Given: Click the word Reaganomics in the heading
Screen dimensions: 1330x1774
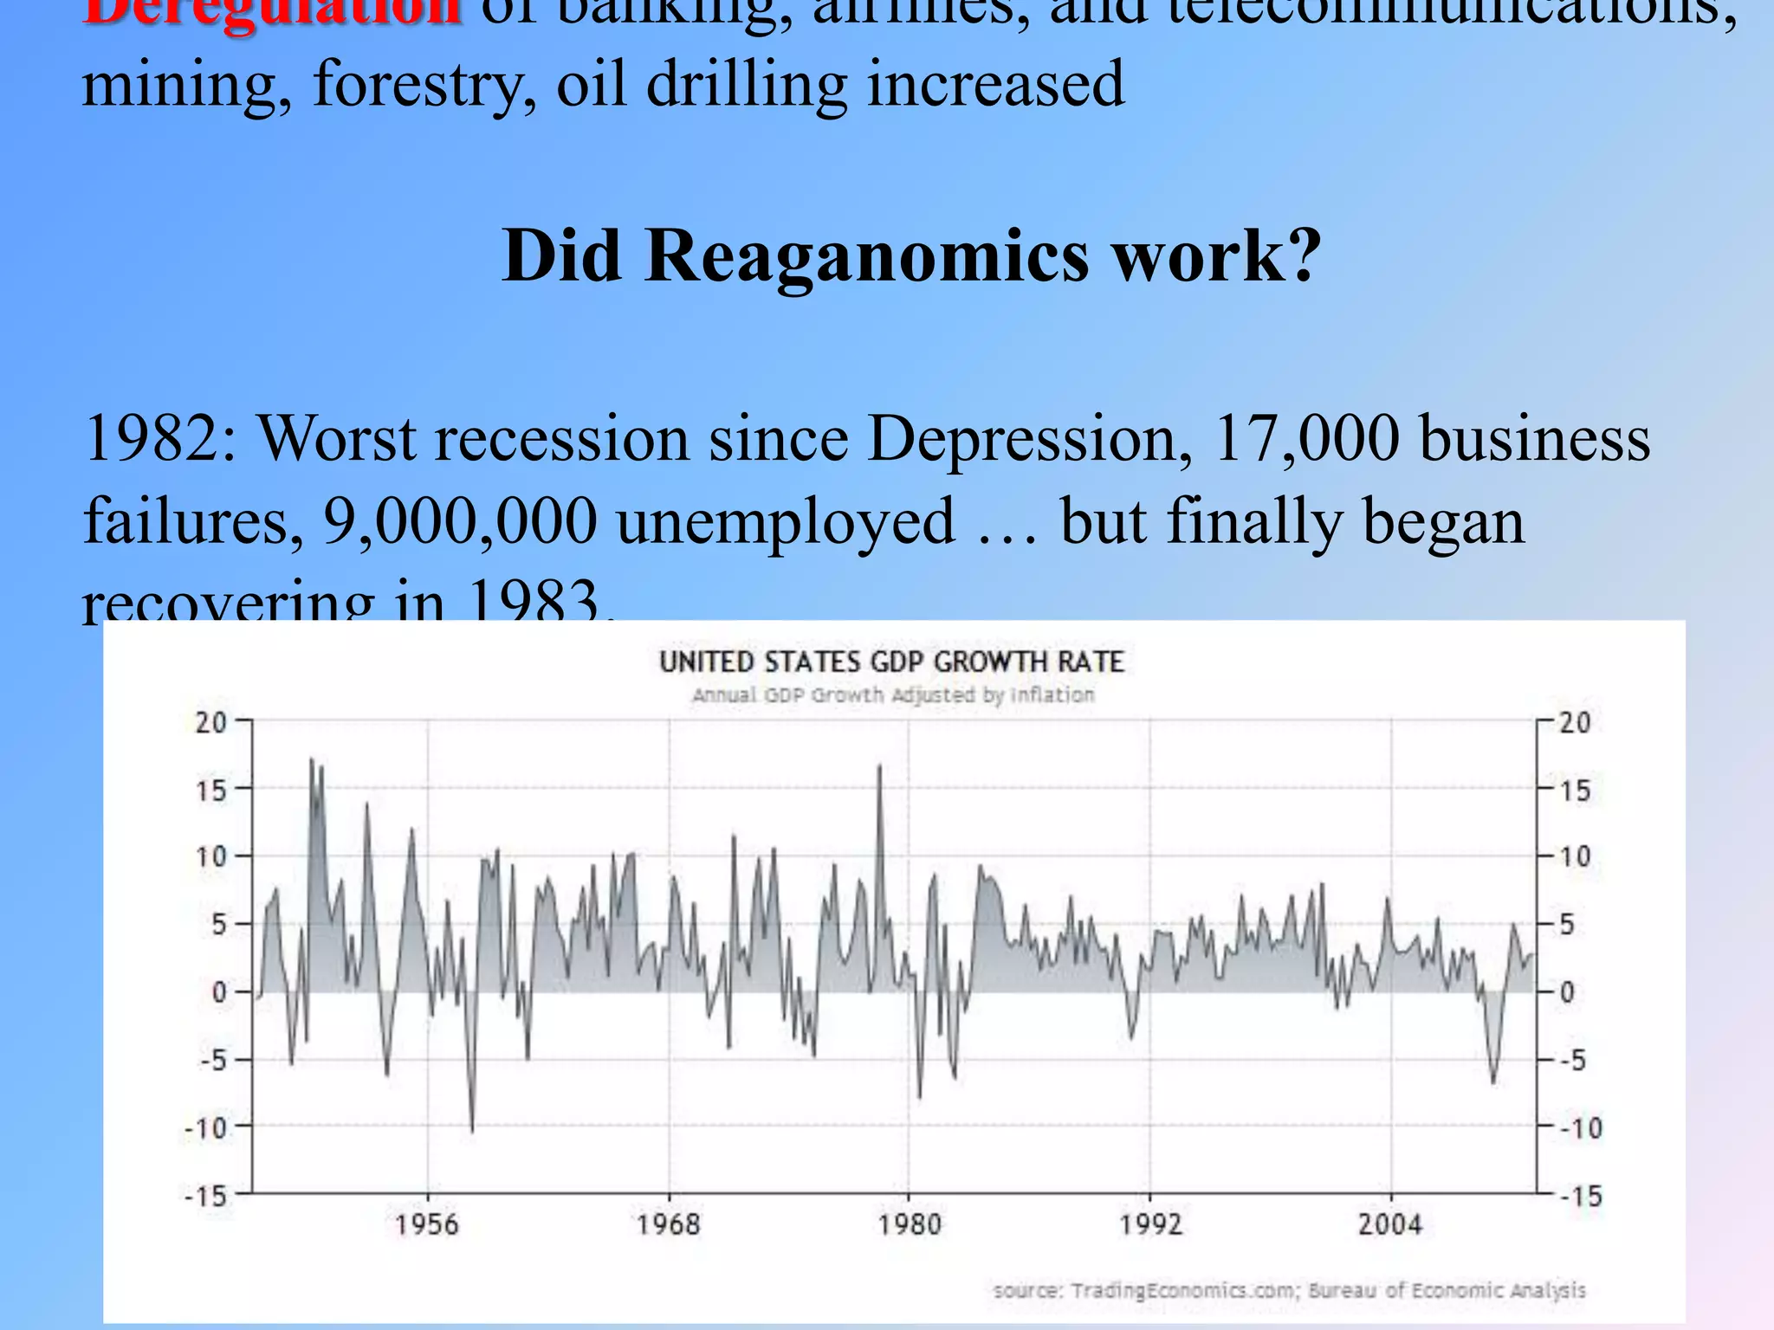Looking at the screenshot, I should coord(866,257).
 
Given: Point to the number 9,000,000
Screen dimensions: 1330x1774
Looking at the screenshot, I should coord(460,522).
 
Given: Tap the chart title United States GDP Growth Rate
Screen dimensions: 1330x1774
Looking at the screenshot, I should coord(891,662).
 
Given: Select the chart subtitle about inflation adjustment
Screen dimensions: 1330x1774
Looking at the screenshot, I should coord(893,695).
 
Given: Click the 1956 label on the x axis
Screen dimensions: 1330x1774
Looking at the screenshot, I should coord(426,1224).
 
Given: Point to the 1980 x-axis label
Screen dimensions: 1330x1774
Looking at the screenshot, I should coord(909,1224).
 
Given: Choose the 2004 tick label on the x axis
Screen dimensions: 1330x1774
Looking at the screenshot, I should coord(1390,1224).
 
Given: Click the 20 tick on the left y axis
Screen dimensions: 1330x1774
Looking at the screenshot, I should coord(210,722).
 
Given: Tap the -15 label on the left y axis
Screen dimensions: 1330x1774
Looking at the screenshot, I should coord(205,1197).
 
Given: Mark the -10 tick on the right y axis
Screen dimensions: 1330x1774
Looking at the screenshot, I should coord(1581,1128).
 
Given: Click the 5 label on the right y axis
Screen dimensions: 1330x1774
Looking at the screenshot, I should coord(1567,925).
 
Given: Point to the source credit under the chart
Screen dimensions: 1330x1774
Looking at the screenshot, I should coord(1289,1291).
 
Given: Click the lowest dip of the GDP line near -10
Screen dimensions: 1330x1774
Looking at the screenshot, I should coord(472,1129).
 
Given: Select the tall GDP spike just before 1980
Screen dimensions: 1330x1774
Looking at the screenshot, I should coord(880,767).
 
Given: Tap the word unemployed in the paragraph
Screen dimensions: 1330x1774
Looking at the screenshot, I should coord(786,522).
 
